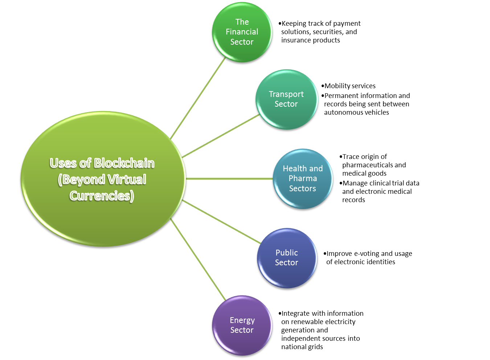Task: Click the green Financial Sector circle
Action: click(x=242, y=51)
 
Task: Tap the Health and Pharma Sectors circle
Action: click(x=303, y=198)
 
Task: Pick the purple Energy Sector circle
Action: click(x=242, y=341)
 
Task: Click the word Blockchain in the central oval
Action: click(x=124, y=163)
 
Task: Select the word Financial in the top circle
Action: click(x=242, y=32)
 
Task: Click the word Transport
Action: click(x=286, y=94)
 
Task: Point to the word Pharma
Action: click(x=303, y=179)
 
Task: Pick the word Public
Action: click(x=287, y=253)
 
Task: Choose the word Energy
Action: click(x=242, y=320)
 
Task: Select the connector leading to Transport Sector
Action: click(x=221, y=136)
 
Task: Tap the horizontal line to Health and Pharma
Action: click(x=229, y=179)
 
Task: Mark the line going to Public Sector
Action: click(x=221, y=221)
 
